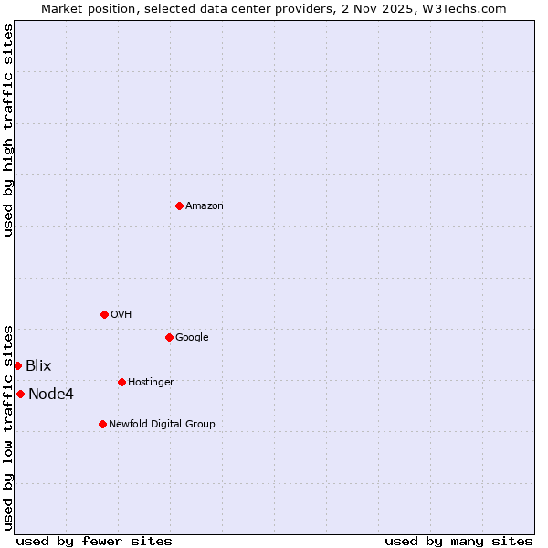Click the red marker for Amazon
click(x=179, y=205)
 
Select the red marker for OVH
click(x=104, y=314)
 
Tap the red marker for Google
click(x=169, y=337)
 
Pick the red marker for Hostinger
click(x=121, y=382)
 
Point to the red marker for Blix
click(x=17, y=365)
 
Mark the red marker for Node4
click(x=20, y=394)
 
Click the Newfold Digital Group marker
click(x=102, y=424)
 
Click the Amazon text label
click(x=205, y=206)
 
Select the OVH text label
click(x=121, y=315)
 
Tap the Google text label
click(x=192, y=338)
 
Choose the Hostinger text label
click(x=151, y=383)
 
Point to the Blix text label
click(x=38, y=366)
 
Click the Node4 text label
click(x=51, y=395)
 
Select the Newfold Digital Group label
click(x=162, y=425)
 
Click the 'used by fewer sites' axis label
click(x=94, y=541)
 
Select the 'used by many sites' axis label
click(x=458, y=541)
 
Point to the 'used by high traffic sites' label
click(x=9, y=130)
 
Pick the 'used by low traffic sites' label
click(x=9, y=427)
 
